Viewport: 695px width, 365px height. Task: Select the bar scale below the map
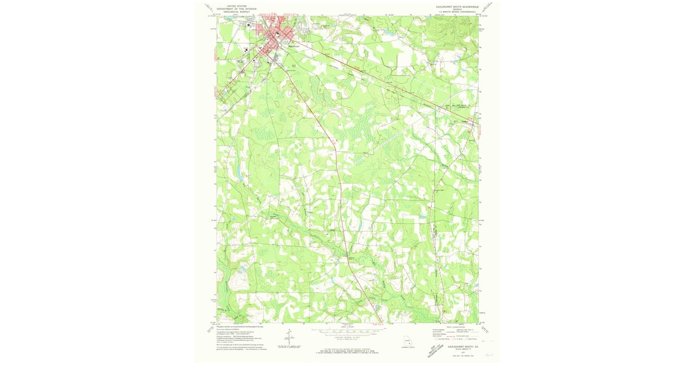pyautogui.click(x=346, y=333)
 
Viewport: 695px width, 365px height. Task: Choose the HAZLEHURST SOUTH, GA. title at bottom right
pyautogui.click(x=456, y=345)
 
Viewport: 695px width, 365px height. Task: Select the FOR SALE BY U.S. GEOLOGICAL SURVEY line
pyautogui.click(x=346, y=349)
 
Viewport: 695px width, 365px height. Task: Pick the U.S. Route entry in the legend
pyautogui.click(x=455, y=339)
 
